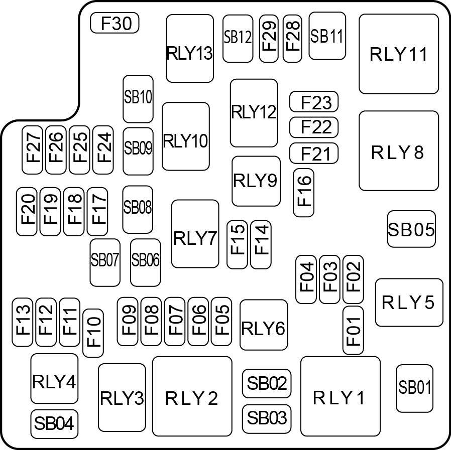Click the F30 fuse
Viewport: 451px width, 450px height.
coord(115,23)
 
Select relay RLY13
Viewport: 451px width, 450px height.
coord(190,49)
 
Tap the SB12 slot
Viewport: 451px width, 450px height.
coord(238,39)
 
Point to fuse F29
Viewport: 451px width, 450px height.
coord(269,39)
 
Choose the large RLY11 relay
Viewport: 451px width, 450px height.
coord(399,54)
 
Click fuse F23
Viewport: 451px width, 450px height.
coord(314,102)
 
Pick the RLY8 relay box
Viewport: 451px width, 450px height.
coord(399,151)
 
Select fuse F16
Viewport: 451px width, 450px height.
coord(303,193)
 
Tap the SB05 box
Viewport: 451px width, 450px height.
coord(411,229)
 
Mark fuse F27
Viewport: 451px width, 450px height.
coord(32,149)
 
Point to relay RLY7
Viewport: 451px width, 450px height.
coord(195,234)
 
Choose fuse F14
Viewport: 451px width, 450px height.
coord(261,244)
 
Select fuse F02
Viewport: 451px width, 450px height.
coord(353,279)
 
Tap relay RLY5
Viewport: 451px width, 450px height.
coord(409,303)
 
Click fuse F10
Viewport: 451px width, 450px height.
coord(93,333)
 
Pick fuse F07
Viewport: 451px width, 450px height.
coord(175,322)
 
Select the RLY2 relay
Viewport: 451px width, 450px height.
coord(192,396)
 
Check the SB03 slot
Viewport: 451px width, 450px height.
coord(267,419)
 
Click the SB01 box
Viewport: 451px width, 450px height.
coord(414,388)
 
